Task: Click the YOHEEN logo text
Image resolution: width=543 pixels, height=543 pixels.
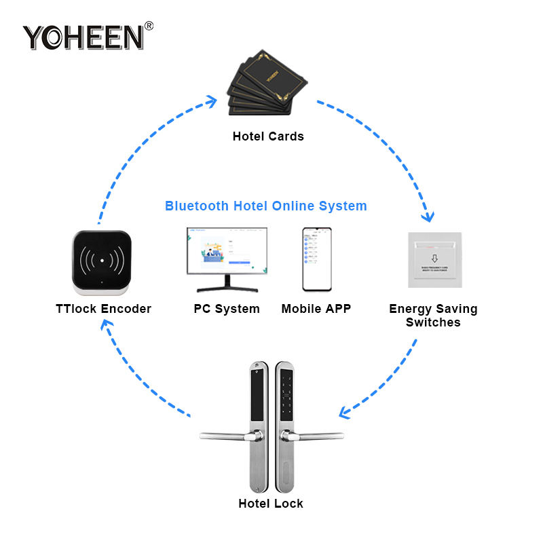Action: coord(83,37)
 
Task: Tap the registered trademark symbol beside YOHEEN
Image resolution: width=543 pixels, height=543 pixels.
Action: coord(149,26)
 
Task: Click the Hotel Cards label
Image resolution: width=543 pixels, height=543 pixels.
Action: coord(268,136)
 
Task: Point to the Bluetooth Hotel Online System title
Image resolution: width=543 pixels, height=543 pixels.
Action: coord(266,206)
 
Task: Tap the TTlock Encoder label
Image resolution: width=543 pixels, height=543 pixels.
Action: coord(103,309)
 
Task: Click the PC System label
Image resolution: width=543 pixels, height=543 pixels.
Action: coord(227,309)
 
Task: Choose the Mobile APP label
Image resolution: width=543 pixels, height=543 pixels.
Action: coord(316,309)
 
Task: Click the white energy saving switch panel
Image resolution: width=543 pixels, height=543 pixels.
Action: coord(434,261)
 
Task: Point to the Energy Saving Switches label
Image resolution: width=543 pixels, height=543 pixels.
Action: coord(433,316)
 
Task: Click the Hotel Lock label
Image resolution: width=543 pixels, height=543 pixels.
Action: coord(271,504)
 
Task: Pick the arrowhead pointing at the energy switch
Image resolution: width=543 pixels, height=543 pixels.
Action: coord(428,217)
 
